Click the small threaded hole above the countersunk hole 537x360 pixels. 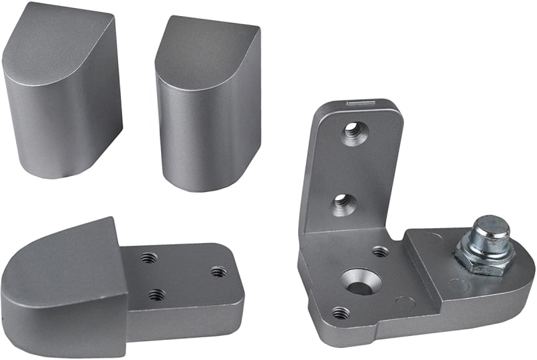(x=380, y=252)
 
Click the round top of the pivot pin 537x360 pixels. (x=490, y=226)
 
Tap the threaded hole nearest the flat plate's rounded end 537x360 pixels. (x=218, y=271)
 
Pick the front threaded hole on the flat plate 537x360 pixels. (x=156, y=294)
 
